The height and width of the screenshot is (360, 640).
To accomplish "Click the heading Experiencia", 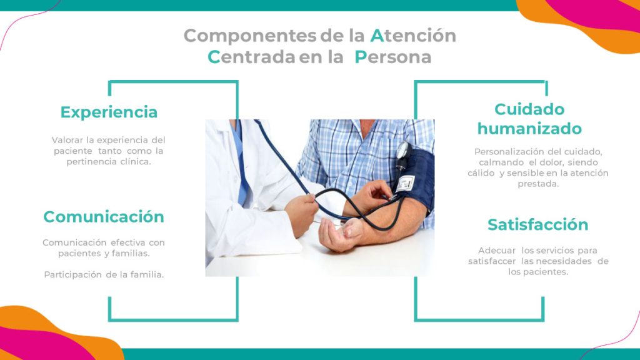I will (109, 112).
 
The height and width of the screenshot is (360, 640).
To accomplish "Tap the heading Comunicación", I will (104, 217).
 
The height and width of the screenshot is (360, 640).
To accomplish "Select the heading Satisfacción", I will (537, 224).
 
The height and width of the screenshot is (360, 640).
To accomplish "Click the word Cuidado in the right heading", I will (529, 109).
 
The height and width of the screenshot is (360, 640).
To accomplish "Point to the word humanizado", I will (529, 129).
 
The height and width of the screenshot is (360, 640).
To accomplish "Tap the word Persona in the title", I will (393, 57).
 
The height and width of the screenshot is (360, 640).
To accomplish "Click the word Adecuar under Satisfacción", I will (497, 250).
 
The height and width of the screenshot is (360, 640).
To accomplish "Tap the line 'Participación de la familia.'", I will (104, 275).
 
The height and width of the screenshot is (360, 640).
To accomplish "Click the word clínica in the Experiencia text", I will (137, 161).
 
